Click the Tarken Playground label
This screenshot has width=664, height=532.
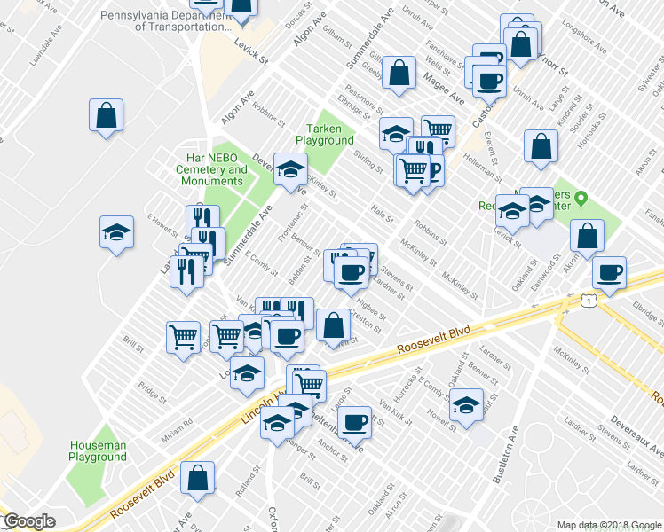[324, 134]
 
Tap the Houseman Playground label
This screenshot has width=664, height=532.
[98, 450]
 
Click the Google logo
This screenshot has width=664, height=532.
[29, 521]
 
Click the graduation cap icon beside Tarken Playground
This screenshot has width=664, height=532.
[289, 168]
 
